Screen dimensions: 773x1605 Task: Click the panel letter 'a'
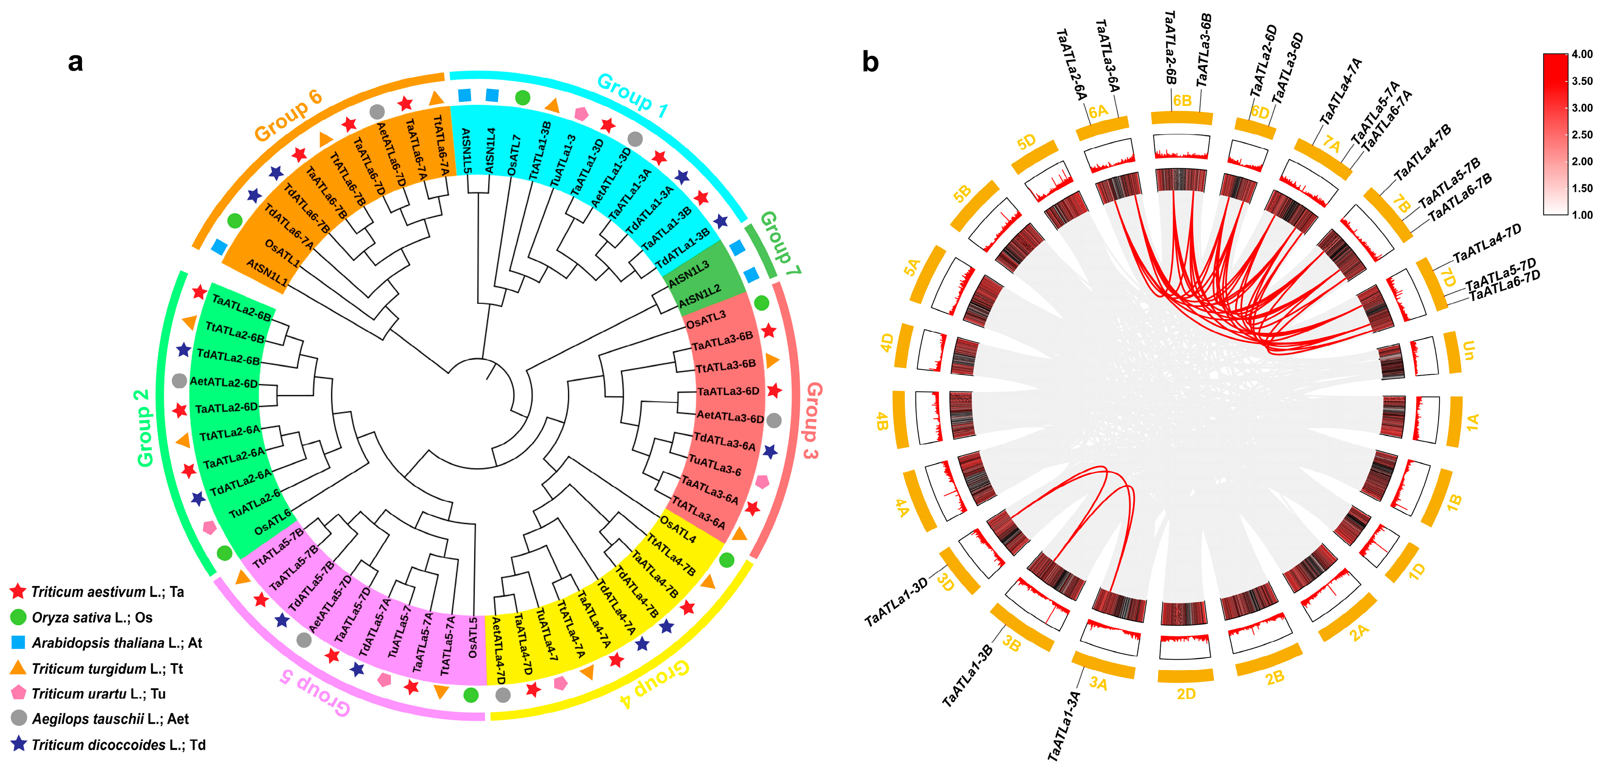tap(75, 62)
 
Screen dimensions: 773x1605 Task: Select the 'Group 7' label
tap(779, 243)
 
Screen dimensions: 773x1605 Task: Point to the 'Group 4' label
tap(655, 684)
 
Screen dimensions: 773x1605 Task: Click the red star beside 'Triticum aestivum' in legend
tap(18, 591)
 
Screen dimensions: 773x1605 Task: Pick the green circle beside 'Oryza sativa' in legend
tap(19, 617)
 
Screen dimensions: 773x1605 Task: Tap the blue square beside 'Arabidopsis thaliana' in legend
tap(19, 643)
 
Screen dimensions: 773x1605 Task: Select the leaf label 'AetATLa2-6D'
tap(224, 382)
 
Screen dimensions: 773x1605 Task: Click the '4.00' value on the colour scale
tap(1582, 54)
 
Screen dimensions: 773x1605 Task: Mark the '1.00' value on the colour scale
tap(1582, 215)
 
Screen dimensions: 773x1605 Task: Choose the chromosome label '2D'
tap(1186, 694)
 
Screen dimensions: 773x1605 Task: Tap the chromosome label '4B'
tap(882, 421)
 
